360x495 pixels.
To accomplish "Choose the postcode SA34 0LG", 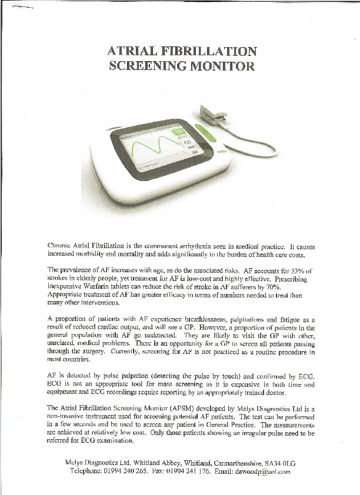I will (x=277, y=463).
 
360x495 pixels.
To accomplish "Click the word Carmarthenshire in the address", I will (x=226, y=463).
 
